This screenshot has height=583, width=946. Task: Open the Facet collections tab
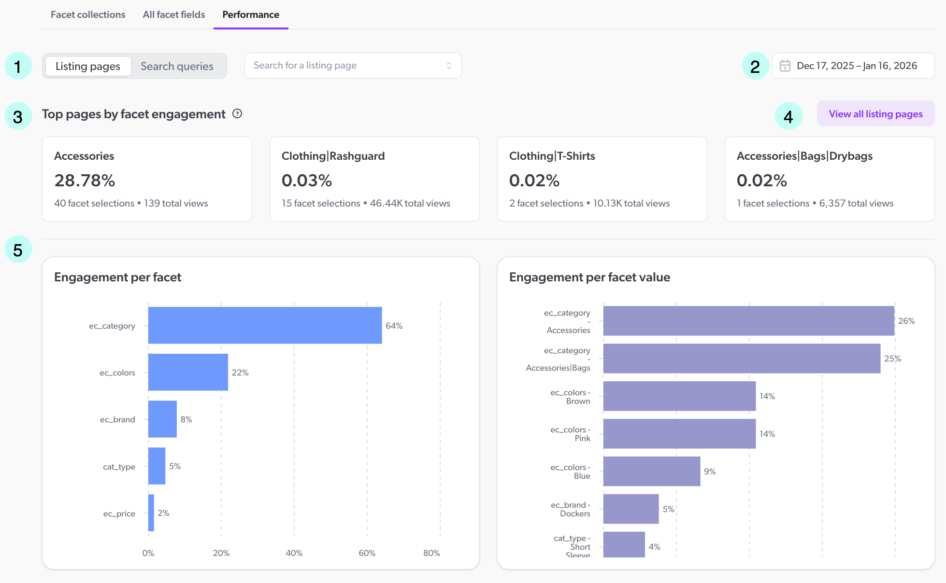[x=87, y=14]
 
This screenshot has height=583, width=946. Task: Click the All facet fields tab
[x=173, y=14]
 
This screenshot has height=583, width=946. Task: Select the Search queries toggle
[x=177, y=66]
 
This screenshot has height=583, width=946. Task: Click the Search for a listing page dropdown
[x=353, y=66]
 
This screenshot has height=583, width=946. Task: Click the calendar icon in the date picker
[x=785, y=66]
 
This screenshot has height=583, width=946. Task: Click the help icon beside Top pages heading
[x=237, y=114]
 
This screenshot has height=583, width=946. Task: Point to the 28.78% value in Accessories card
[x=85, y=180]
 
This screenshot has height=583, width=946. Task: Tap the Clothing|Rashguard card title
[x=333, y=156]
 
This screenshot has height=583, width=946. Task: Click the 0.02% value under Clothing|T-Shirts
[x=534, y=180]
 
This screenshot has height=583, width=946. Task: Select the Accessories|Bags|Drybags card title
[x=804, y=156]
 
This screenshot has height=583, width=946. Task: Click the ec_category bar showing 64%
[x=265, y=325]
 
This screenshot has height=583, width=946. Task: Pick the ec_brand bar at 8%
[x=162, y=419]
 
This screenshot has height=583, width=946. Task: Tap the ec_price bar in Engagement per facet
[x=151, y=513]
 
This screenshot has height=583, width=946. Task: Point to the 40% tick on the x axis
[x=294, y=553]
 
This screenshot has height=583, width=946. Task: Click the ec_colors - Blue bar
[x=651, y=471]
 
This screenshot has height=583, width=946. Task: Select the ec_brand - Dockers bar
[x=631, y=509]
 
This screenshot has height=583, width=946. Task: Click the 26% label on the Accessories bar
[x=906, y=321]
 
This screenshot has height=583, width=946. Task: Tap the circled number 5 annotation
[x=18, y=250]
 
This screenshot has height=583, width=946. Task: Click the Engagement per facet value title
[x=589, y=277]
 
